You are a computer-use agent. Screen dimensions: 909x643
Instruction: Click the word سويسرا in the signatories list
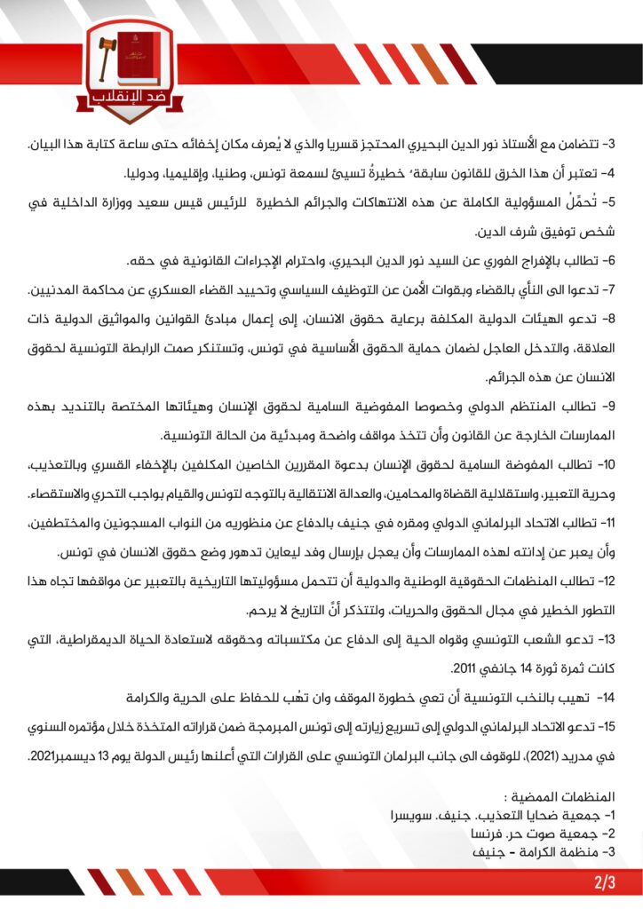[412, 815]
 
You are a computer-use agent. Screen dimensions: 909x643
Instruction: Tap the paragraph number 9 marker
[608, 407]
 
